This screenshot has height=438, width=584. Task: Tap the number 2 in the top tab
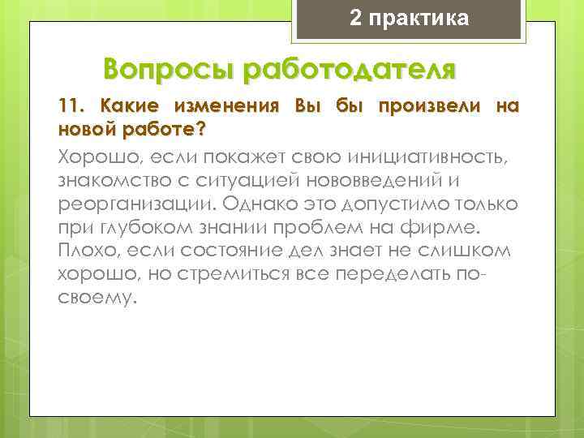[356, 19]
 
